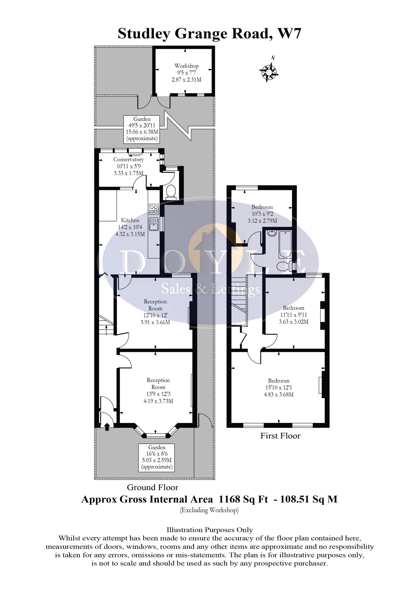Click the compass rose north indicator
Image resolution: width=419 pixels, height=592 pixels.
pos(269,70)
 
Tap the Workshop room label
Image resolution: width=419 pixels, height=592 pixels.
pos(186,66)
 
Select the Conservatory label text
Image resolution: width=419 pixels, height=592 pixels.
pos(128,159)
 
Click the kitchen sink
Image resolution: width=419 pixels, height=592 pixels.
pos(154,224)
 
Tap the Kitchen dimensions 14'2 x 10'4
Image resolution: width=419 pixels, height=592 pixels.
pos(130,227)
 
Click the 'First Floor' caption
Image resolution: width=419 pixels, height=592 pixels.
pos(280,436)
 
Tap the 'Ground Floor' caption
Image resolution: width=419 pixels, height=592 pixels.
pos(152,487)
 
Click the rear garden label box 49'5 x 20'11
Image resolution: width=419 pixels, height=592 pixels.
pos(142,129)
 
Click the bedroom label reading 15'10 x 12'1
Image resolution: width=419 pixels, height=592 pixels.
pos(279,388)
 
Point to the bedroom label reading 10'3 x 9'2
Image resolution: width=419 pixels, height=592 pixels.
pos(262,214)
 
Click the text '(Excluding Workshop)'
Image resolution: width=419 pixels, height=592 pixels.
pos(209,510)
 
